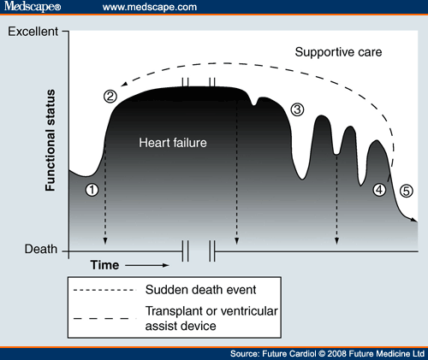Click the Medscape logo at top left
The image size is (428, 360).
32,8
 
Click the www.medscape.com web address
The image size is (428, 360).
143,8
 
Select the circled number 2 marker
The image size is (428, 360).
110,96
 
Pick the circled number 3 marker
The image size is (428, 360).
297,109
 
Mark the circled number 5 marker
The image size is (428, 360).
406,190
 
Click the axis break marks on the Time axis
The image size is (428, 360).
197,251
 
